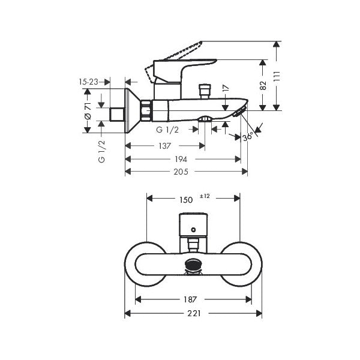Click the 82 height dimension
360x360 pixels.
[263, 85]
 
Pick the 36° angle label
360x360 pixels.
[248, 137]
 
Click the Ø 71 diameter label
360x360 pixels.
[88, 110]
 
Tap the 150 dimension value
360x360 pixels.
[186, 199]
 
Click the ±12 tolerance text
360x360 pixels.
[205, 196]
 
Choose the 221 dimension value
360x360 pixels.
[192, 313]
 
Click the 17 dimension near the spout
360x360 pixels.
[225, 89]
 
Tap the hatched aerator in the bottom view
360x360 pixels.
[193, 265]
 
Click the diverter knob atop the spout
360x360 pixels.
[205, 90]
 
